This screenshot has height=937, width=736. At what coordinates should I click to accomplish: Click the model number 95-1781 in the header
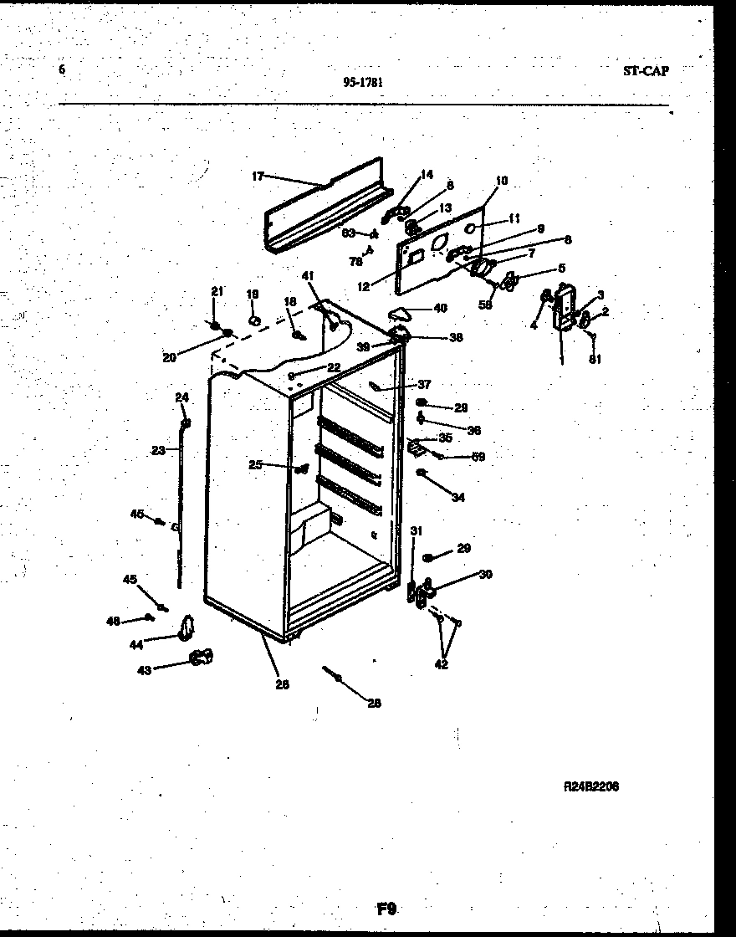[364, 81]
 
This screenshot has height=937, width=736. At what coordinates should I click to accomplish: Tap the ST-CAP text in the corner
[645, 70]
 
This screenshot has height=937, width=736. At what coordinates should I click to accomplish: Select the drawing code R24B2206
[591, 786]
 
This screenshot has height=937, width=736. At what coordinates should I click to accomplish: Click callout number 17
[258, 176]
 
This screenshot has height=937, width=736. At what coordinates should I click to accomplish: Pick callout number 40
[440, 308]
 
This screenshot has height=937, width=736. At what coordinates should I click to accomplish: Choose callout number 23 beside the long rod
[158, 450]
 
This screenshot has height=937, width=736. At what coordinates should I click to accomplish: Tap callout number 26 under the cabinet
[282, 684]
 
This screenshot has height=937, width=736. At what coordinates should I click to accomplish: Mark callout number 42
[441, 664]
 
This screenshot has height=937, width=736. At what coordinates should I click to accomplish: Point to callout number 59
[478, 457]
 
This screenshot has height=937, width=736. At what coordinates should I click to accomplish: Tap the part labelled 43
[200, 658]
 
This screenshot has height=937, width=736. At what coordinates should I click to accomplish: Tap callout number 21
[217, 291]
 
